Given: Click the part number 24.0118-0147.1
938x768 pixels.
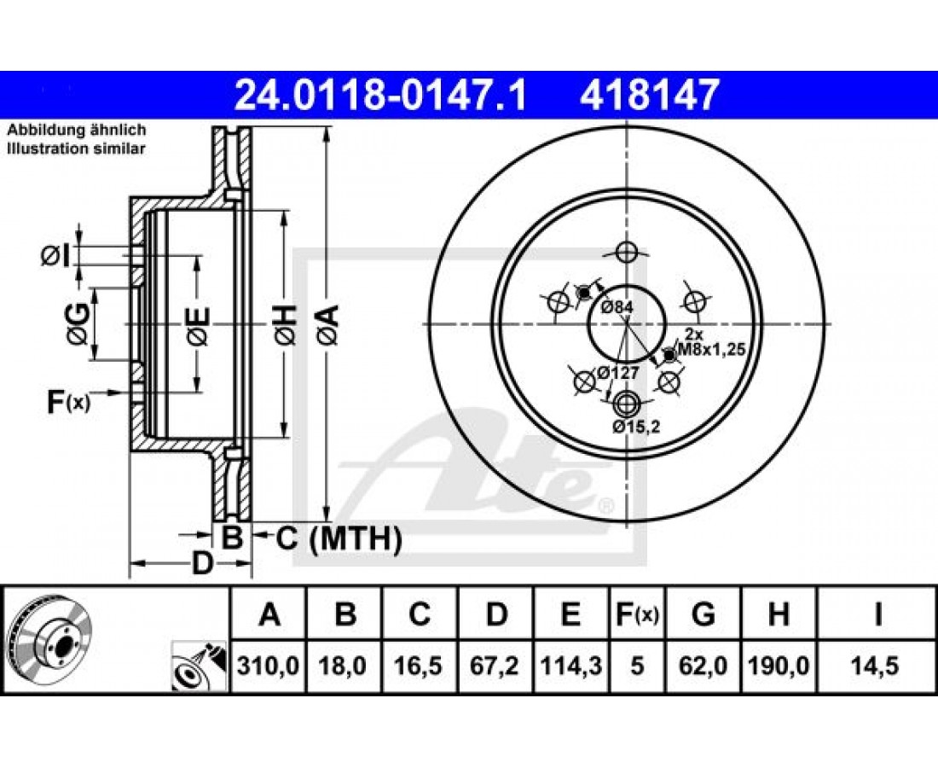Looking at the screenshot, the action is coord(380,96).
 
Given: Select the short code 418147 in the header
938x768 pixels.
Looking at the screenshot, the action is coord(648,96).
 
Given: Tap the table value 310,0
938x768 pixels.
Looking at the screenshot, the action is coord(268,666).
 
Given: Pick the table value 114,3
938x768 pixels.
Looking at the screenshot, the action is coord(570,666).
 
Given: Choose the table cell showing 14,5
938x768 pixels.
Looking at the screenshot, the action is coord(877,666).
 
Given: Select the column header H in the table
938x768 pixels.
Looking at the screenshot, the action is coord(778,614).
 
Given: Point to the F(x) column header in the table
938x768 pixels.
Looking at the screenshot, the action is coord(636,614).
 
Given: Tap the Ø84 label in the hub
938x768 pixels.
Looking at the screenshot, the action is coord(617,307).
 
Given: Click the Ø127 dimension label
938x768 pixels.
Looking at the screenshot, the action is coord(618,372).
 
